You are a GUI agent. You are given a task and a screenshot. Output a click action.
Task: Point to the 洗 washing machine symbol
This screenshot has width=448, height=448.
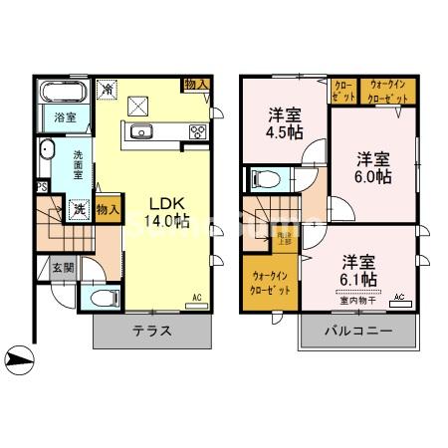point(79,209)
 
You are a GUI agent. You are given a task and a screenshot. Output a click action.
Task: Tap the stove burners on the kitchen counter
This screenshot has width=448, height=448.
point(196,131)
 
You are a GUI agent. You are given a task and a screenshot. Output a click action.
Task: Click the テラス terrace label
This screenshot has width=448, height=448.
point(153,332)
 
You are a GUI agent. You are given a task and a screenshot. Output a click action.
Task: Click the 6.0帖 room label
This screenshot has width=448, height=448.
point(372,165)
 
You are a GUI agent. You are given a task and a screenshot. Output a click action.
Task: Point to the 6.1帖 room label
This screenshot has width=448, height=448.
point(359,271)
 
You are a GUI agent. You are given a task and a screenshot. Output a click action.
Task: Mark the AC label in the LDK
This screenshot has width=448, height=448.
point(196,297)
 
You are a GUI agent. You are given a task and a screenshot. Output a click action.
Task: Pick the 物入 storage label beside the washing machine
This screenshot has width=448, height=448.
point(111,210)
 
